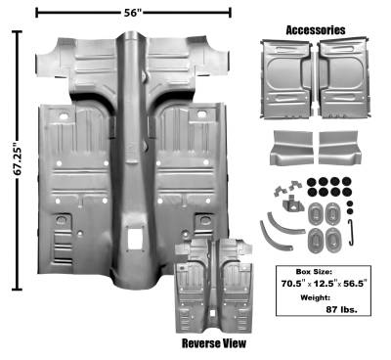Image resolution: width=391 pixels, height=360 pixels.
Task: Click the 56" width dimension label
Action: click(133, 13)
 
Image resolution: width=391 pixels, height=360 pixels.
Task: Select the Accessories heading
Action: click(316, 30)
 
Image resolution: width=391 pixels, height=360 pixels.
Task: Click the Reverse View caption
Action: click(214, 343)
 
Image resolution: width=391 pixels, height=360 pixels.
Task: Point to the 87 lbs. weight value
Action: click(341, 309)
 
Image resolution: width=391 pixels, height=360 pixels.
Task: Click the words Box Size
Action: click(314, 271)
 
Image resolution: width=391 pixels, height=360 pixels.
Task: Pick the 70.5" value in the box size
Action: click(293, 284)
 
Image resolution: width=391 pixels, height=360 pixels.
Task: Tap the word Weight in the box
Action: click(315, 297)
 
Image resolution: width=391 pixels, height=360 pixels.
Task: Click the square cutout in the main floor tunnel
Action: click(135, 239)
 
